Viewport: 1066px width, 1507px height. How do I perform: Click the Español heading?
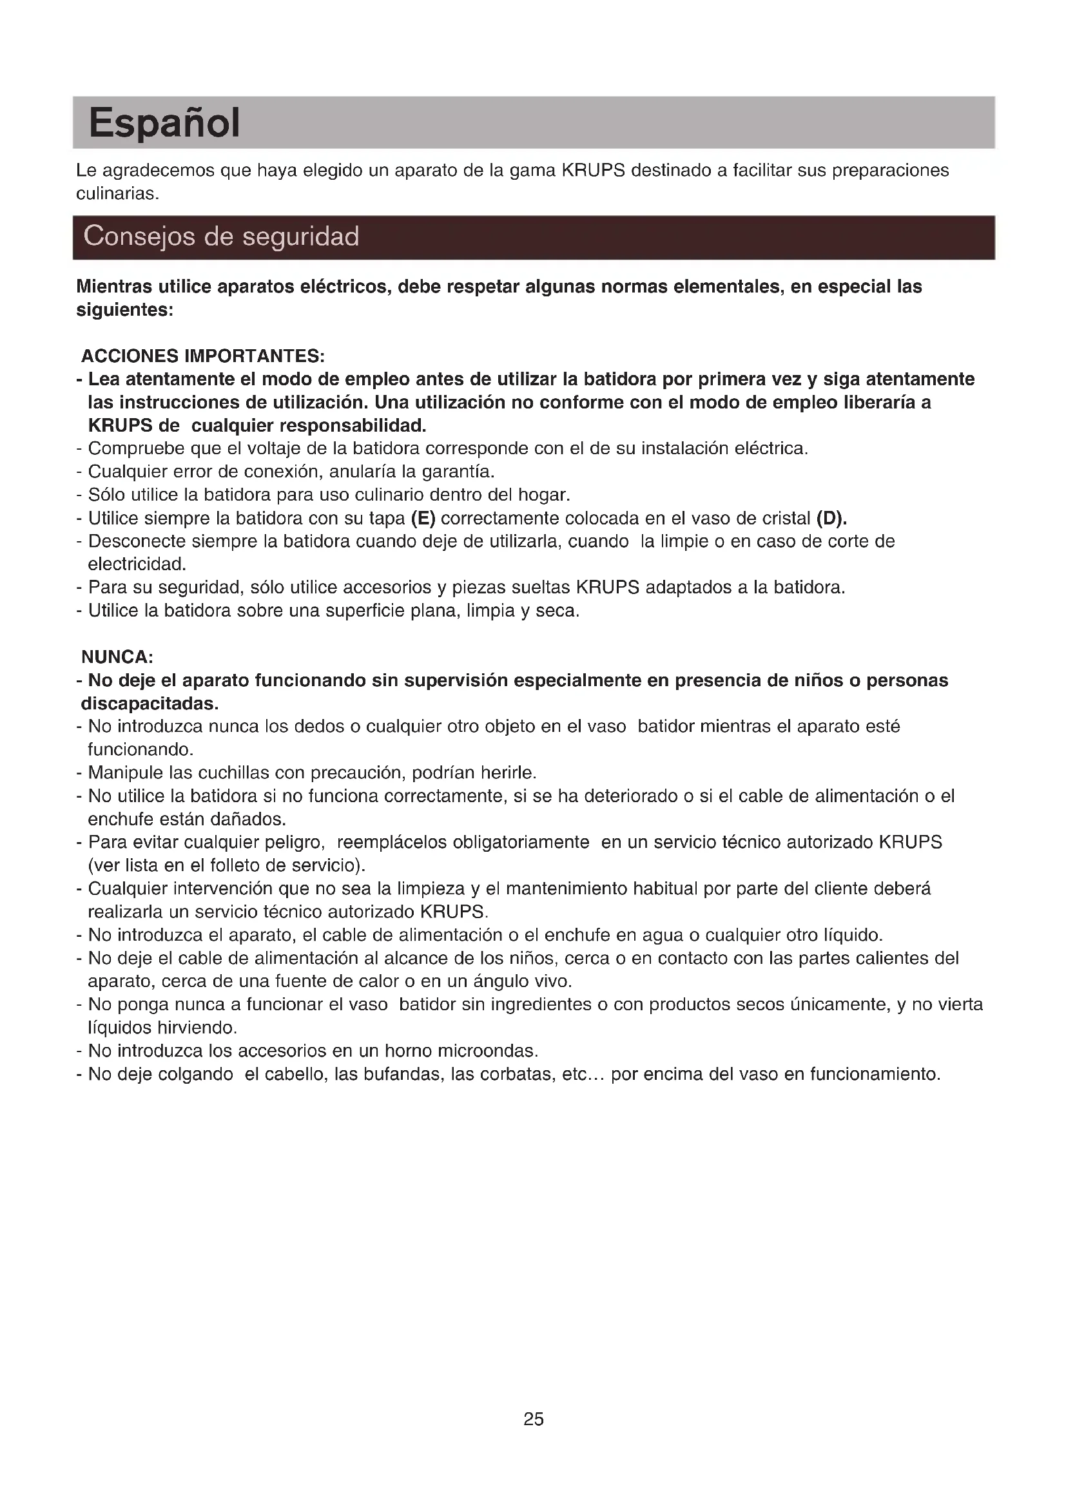click(x=164, y=124)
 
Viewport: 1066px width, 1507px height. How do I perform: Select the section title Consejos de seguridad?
click(x=221, y=236)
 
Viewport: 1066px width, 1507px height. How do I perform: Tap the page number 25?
click(x=533, y=1419)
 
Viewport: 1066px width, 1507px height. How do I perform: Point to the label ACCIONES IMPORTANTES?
click(x=203, y=356)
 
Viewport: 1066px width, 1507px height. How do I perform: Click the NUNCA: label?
click(x=117, y=657)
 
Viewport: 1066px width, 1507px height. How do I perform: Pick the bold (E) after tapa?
click(x=423, y=519)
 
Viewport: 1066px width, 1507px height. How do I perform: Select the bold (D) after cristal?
click(x=831, y=519)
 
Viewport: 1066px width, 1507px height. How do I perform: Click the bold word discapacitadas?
click(x=150, y=704)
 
